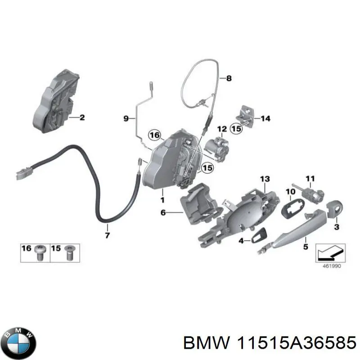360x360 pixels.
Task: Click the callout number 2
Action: pyautogui.click(x=81, y=118)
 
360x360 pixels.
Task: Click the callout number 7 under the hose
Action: pyautogui.click(x=107, y=234)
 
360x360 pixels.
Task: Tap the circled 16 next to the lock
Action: pyautogui.click(x=154, y=135)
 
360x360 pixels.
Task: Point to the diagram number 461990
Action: pyautogui.click(x=331, y=266)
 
